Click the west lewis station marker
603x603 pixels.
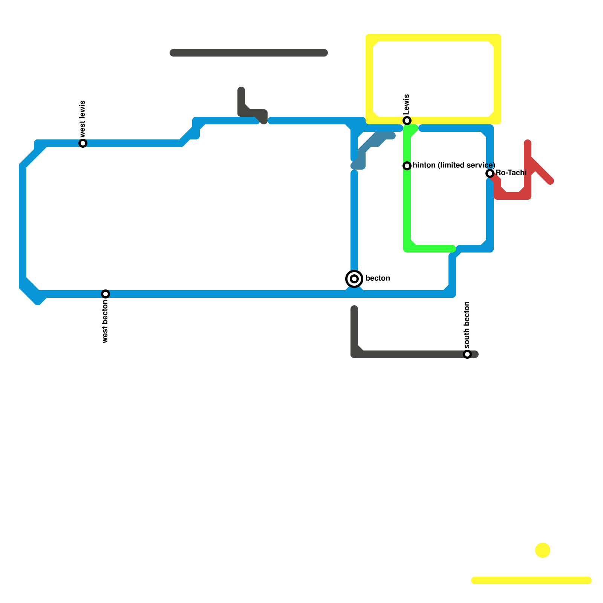point(83,143)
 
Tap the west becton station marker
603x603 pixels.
point(106,294)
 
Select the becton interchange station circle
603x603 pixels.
point(354,279)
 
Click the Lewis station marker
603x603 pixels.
point(407,121)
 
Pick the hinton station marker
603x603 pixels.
point(407,166)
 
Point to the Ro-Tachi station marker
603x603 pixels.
point(490,173)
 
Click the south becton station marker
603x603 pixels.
point(467,354)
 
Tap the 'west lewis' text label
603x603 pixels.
point(83,119)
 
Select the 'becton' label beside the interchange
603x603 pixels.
point(378,279)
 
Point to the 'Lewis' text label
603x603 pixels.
point(406,104)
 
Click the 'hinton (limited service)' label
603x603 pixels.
point(454,165)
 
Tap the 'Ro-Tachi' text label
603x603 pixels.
point(511,173)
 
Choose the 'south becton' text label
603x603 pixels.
point(467,325)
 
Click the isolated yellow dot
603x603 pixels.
point(543,550)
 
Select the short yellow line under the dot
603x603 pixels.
point(531,580)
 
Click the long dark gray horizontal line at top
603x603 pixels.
point(249,53)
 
